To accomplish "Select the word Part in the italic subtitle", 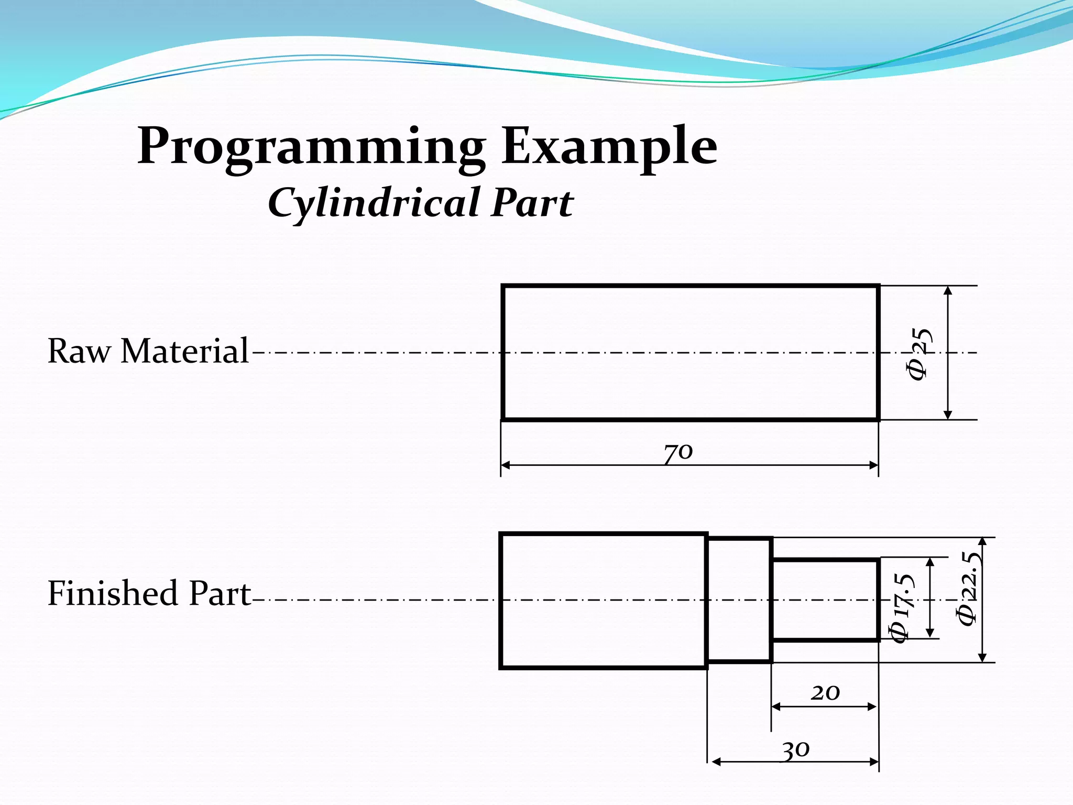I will (x=532, y=203).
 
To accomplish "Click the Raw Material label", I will (x=148, y=351).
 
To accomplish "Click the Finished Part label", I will (x=149, y=593).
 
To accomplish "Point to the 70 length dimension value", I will (x=678, y=452).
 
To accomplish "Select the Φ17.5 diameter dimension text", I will (x=902, y=608).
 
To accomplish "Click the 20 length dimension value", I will (x=825, y=693).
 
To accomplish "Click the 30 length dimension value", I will (x=796, y=749).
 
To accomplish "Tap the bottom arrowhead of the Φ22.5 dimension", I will (x=983, y=657).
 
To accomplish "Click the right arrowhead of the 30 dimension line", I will (x=874, y=762).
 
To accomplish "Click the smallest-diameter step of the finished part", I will (x=825, y=600).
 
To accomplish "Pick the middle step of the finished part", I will (x=739, y=600).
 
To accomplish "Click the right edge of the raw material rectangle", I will (x=878, y=353).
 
